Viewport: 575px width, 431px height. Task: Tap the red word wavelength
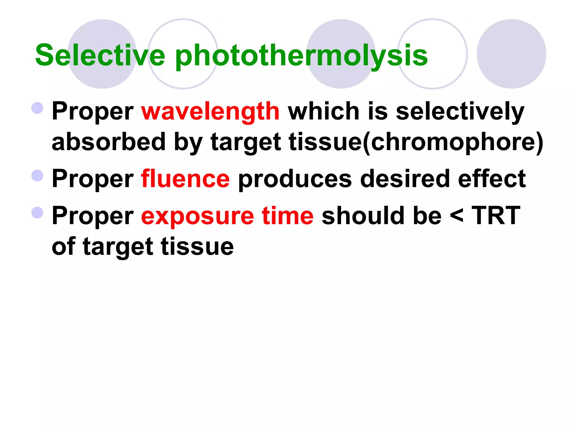coord(210,111)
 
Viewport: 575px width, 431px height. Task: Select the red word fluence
coord(185,179)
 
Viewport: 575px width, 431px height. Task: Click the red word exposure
coord(197,216)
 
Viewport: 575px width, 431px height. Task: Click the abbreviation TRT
coord(496,215)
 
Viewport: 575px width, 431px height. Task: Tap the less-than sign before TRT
coord(457,216)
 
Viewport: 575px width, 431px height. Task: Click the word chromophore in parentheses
coord(453,142)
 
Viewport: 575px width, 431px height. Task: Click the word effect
coord(492,179)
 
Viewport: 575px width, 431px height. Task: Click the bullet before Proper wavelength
coord(37,108)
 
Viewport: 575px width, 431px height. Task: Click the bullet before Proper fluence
coord(37,176)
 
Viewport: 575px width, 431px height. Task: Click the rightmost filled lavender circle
coord(511,54)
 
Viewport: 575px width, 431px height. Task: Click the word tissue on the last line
coord(197,247)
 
